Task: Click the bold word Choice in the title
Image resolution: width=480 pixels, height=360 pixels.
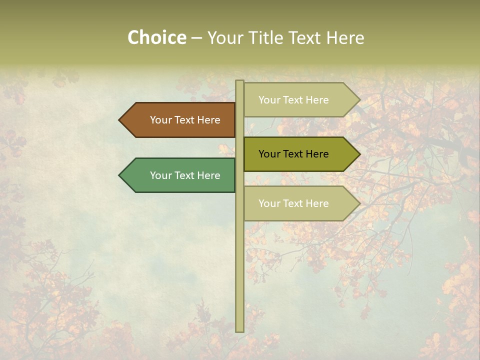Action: (156, 37)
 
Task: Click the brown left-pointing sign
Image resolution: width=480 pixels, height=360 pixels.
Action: (180, 120)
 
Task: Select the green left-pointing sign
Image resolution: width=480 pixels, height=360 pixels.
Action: (180, 175)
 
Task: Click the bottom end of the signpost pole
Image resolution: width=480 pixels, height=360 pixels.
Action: (239, 330)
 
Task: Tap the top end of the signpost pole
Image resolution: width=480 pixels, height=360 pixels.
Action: (239, 82)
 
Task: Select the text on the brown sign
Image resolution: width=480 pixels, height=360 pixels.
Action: (185, 120)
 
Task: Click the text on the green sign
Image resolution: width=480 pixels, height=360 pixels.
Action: (185, 175)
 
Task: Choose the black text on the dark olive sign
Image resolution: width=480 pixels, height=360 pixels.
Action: (293, 154)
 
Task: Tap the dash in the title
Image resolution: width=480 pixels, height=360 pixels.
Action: (196, 38)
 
